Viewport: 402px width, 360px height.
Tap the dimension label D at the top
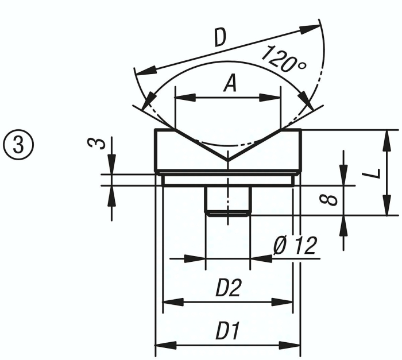pyautogui.click(x=219, y=37)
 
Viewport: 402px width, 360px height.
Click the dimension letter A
pyautogui.click(x=229, y=84)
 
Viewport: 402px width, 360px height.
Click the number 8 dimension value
pyautogui.click(x=327, y=200)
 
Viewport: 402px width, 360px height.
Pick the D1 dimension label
pyautogui.click(x=228, y=332)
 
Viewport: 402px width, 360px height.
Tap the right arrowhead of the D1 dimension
pyautogui.click(x=293, y=345)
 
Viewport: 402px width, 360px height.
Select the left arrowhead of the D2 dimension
pyautogui.click(x=171, y=301)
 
